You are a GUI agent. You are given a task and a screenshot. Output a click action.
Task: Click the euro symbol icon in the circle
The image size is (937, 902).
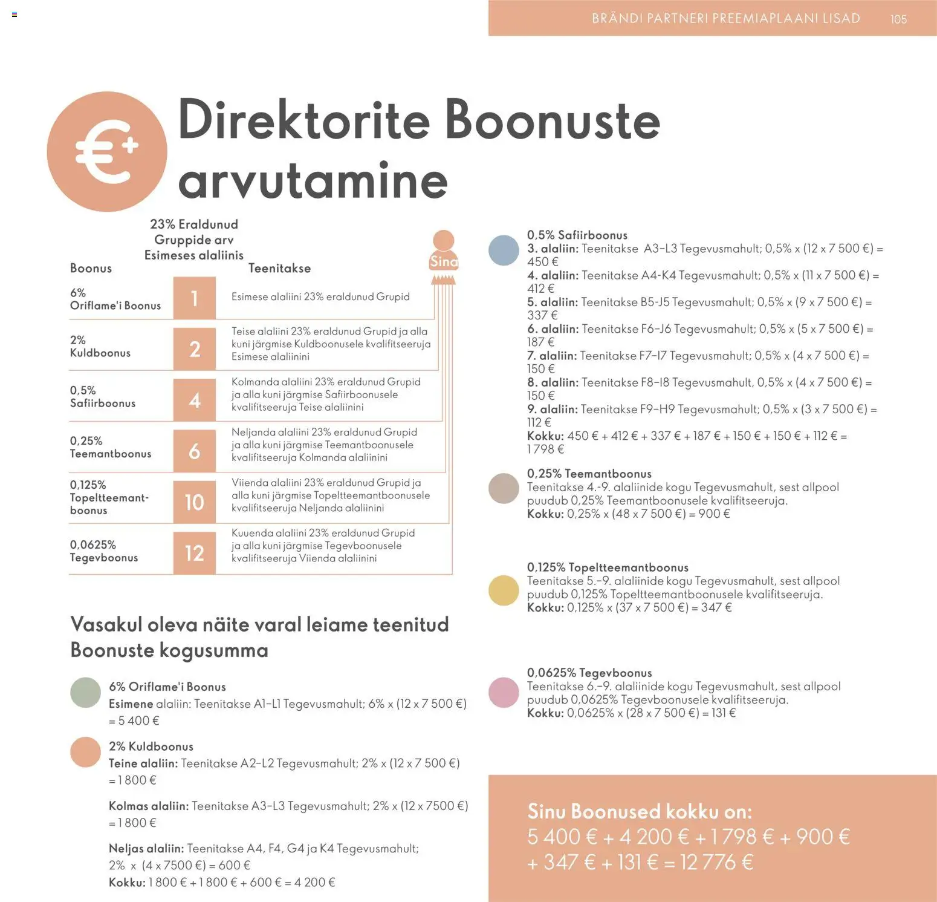click(107, 151)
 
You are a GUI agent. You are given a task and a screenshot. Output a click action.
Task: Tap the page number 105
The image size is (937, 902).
click(898, 19)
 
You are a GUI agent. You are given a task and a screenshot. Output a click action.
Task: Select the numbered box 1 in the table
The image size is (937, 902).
click(194, 298)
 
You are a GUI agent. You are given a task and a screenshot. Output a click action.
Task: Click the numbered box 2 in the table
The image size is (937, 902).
click(194, 349)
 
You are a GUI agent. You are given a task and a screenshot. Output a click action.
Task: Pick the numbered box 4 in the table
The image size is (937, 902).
click(194, 400)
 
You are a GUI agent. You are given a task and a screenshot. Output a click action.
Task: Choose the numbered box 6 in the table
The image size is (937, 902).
click(194, 451)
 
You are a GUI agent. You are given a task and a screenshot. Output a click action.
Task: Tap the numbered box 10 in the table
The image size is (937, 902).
click(194, 502)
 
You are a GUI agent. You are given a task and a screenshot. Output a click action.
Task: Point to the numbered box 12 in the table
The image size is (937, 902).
click(194, 553)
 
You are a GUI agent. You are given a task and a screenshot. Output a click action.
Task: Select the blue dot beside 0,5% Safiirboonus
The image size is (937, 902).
click(504, 250)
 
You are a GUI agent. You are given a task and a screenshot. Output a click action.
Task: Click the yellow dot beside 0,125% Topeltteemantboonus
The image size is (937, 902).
click(504, 590)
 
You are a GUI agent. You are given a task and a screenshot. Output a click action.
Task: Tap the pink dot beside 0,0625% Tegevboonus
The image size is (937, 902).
click(504, 693)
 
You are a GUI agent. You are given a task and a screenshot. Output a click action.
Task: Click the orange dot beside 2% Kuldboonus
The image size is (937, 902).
click(85, 752)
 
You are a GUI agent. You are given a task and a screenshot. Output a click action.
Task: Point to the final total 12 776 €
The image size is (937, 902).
click(716, 862)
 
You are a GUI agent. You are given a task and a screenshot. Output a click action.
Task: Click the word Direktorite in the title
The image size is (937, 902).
click(303, 120)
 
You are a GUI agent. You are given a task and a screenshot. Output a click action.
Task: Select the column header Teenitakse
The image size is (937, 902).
click(279, 268)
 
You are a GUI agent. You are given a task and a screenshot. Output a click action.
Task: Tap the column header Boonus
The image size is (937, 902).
click(91, 268)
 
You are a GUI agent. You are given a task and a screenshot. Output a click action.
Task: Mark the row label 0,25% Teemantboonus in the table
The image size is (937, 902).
click(110, 447)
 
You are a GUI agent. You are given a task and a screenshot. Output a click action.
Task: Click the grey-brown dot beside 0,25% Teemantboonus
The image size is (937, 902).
click(504, 489)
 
